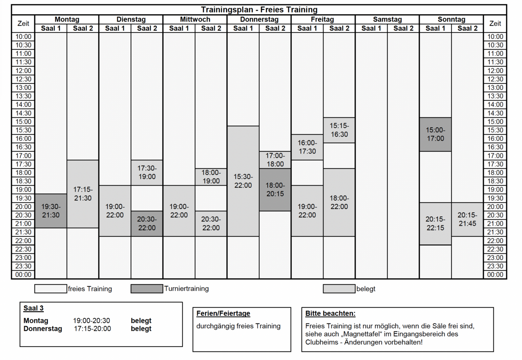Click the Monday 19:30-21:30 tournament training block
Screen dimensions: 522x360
51,211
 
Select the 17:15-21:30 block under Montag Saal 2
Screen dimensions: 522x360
83,194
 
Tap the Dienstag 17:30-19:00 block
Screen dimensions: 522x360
147,173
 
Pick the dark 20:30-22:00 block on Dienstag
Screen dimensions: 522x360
147,223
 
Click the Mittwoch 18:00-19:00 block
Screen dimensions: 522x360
211,177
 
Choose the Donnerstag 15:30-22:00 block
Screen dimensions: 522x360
243,181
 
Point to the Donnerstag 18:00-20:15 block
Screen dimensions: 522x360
275,190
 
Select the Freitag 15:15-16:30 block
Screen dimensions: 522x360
339,130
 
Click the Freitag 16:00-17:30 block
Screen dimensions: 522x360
307,147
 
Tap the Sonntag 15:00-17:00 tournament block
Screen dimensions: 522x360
435,134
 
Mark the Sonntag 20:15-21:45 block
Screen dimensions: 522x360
468,219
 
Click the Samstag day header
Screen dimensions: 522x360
387,19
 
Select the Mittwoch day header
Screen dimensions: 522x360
195,19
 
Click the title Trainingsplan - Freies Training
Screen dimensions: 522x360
259,10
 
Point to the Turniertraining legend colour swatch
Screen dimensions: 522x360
147,289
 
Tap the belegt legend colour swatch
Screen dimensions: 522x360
339,289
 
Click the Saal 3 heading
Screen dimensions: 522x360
33,308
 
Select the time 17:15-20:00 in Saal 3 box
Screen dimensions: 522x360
92,329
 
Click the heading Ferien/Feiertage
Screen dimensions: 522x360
223,314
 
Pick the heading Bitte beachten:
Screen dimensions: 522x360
330,314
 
